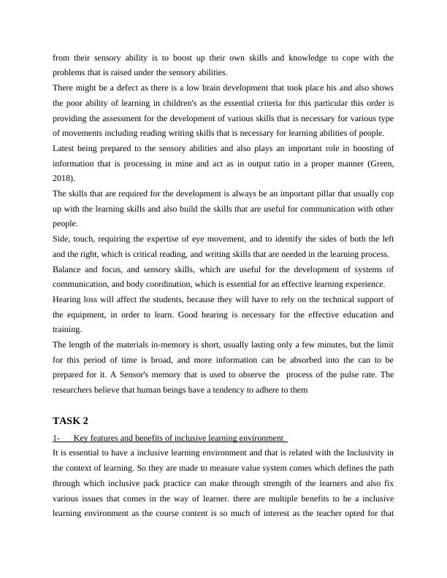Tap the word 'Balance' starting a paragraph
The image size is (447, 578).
pyautogui.click(x=68, y=269)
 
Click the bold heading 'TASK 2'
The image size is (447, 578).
pyautogui.click(x=71, y=420)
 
